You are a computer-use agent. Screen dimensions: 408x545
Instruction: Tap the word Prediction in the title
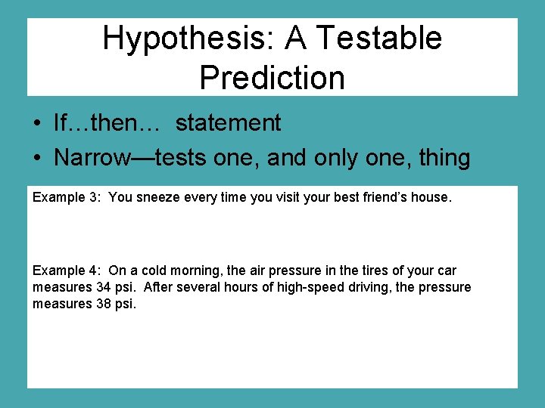point(272,77)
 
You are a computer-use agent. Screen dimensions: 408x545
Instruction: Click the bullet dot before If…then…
point(36,124)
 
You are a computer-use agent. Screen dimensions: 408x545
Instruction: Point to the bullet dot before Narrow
point(36,159)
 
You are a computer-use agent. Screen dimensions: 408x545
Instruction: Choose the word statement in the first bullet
point(228,122)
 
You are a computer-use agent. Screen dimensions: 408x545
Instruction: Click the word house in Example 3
point(433,197)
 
